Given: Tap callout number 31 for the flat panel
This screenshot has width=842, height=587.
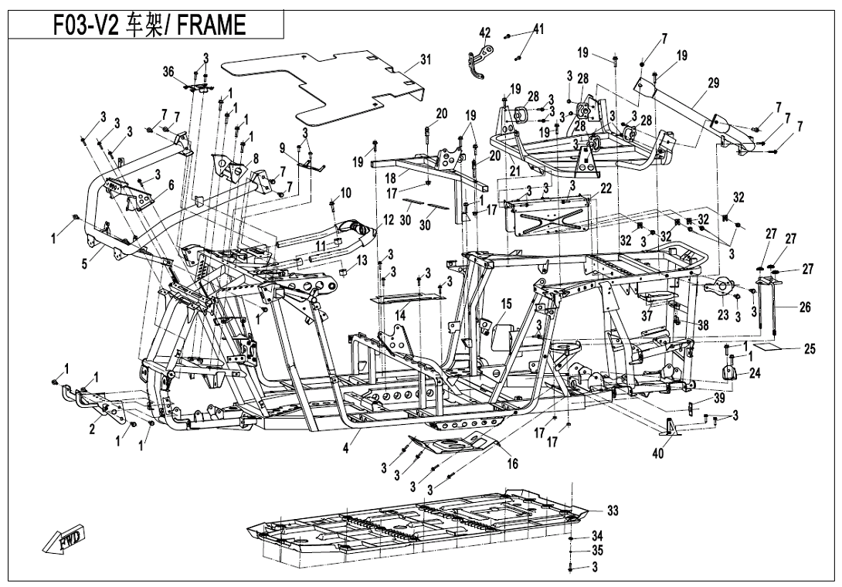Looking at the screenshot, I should pos(425,59).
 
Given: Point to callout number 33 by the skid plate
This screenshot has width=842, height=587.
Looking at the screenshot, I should pos(613,511).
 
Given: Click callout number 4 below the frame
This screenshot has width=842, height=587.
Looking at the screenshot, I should pos(346,446).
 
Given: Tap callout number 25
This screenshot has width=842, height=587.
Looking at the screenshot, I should pos(809,349).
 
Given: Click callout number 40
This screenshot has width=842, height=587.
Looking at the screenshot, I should pos(657,454).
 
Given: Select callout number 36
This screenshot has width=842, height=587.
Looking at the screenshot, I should pos(168,71).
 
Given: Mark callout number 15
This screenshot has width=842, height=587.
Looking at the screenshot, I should pos(506,303).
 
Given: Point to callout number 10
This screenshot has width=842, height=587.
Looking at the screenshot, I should pos(345,191).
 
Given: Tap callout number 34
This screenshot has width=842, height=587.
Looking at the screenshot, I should pos(596,535).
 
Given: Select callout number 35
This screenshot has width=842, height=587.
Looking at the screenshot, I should pos(596,551).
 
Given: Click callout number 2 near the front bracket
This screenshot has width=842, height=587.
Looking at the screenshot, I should pos(92,429).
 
